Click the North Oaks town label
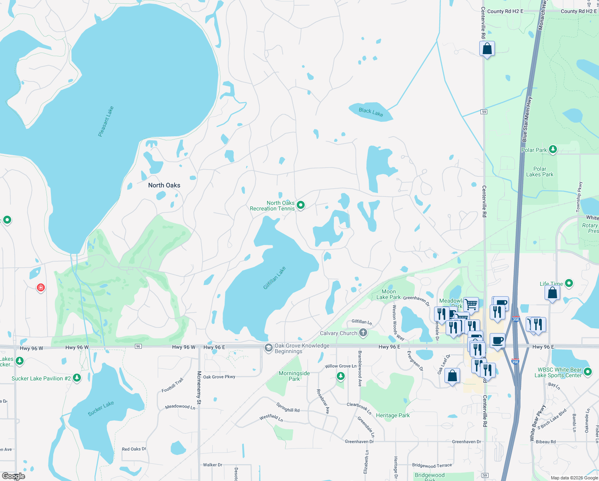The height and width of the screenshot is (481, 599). [164, 185]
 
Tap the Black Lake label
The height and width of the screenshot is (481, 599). [371, 112]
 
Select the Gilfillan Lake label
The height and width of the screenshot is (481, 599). [274, 278]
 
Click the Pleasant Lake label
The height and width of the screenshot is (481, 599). [106, 121]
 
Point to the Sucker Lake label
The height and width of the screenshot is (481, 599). [101, 408]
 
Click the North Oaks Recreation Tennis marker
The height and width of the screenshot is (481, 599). [301, 205]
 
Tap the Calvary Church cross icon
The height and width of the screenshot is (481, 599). [363, 332]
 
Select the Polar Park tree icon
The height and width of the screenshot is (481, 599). [553, 150]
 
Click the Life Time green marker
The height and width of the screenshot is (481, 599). [569, 283]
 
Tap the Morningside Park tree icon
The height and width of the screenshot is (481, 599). [340, 376]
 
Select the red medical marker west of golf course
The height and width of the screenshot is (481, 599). [40, 287]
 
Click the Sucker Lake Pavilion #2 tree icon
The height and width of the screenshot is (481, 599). [77, 378]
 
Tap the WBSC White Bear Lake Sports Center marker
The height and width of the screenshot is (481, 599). [588, 372]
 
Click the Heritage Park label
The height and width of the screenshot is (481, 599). [393, 415]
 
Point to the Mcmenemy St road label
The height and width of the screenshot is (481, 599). [199, 385]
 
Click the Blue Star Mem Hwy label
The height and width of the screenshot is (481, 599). [527, 119]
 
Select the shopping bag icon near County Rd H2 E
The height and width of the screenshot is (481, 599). [487, 49]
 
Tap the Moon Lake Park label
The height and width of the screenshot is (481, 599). [388, 294]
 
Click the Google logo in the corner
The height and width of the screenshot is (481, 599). [14, 476]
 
